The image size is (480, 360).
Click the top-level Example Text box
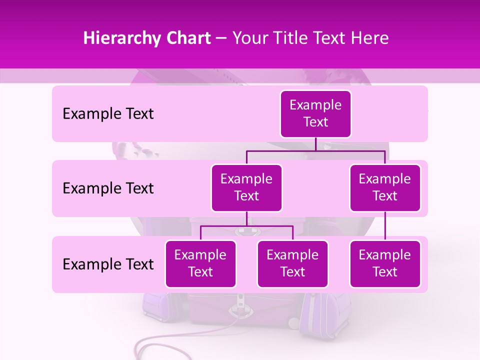(315, 114)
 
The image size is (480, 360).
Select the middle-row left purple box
(246, 188)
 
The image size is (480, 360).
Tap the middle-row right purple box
(385, 188)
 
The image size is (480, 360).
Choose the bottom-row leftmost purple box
(200, 264)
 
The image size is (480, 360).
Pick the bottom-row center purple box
(292, 264)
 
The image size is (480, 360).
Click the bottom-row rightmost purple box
(385, 264)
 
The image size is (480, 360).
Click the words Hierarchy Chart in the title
(147, 38)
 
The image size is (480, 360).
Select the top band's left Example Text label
(108, 114)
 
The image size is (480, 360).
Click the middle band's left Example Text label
(108, 188)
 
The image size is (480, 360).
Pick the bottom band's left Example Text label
(108, 264)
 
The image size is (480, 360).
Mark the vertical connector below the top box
(315, 144)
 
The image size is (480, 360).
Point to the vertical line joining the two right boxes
(385, 226)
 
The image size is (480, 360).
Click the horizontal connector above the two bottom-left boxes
(246, 226)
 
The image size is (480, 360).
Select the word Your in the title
(249, 38)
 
